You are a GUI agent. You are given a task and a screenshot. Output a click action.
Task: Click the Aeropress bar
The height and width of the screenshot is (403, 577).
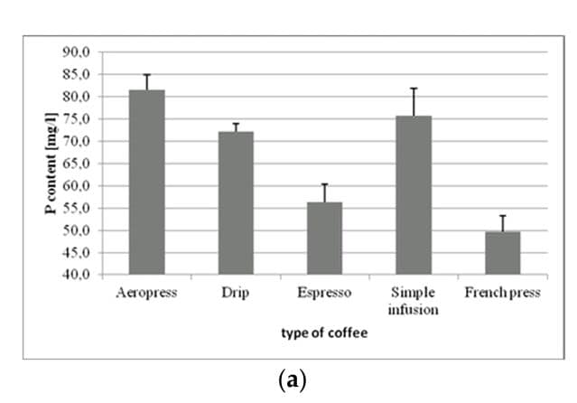pyautogui.click(x=146, y=182)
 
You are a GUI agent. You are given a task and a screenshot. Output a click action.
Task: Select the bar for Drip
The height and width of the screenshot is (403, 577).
pyautogui.click(x=235, y=202)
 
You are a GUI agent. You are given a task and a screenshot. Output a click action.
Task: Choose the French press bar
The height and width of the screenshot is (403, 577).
pyautogui.click(x=503, y=252)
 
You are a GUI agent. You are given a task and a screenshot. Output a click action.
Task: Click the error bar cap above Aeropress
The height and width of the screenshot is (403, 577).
pyautogui.click(x=146, y=75)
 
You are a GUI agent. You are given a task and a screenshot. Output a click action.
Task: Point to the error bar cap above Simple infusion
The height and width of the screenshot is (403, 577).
pyautogui.click(x=414, y=89)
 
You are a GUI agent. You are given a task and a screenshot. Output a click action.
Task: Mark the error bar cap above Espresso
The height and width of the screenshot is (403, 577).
pyautogui.click(x=324, y=184)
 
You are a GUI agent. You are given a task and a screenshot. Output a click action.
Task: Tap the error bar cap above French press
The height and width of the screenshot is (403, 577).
pyautogui.click(x=503, y=216)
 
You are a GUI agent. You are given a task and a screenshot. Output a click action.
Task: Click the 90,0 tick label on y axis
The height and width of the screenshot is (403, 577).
pyautogui.click(x=76, y=52)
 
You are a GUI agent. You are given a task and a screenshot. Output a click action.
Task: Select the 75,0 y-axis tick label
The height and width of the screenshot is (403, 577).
pyautogui.click(x=76, y=119)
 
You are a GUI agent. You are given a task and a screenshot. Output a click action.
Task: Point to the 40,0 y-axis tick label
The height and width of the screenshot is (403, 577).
pyautogui.click(x=76, y=275)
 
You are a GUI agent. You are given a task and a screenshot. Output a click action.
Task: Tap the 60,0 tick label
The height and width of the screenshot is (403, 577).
pyautogui.click(x=76, y=186)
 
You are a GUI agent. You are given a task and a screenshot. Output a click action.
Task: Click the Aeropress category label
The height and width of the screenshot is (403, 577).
pyautogui.click(x=146, y=293)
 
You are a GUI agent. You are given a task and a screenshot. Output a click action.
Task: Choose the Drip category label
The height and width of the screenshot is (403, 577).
pyautogui.click(x=235, y=293)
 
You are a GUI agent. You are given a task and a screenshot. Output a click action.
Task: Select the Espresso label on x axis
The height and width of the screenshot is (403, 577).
pyautogui.click(x=324, y=293)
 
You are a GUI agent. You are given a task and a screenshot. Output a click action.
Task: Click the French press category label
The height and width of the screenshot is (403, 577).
pyautogui.click(x=503, y=293)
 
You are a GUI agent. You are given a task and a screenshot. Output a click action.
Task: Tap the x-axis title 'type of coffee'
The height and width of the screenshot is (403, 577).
pyautogui.click(x=324, y=333)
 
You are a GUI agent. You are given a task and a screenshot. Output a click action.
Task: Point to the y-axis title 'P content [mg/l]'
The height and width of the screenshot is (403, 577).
pyautogui.click(x=51, y=164)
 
